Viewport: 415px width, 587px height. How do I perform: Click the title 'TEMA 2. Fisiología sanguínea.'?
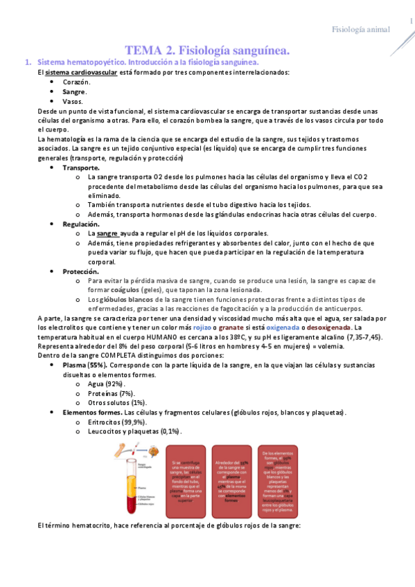pyautogui.click(x=207, y=51)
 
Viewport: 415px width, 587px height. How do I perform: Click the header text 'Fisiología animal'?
pyautogui.click(x=361, y=29)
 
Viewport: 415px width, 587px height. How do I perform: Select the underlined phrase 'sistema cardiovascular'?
pyautogui.click(x=76, y=73)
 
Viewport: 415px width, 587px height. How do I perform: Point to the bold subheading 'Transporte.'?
pyautogui.click(x=81, y=168)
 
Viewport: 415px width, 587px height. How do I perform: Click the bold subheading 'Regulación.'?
pyautogui.click(x=82, y=224)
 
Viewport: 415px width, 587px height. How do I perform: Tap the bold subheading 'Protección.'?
pyautogui.click(x=82, y=271)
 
